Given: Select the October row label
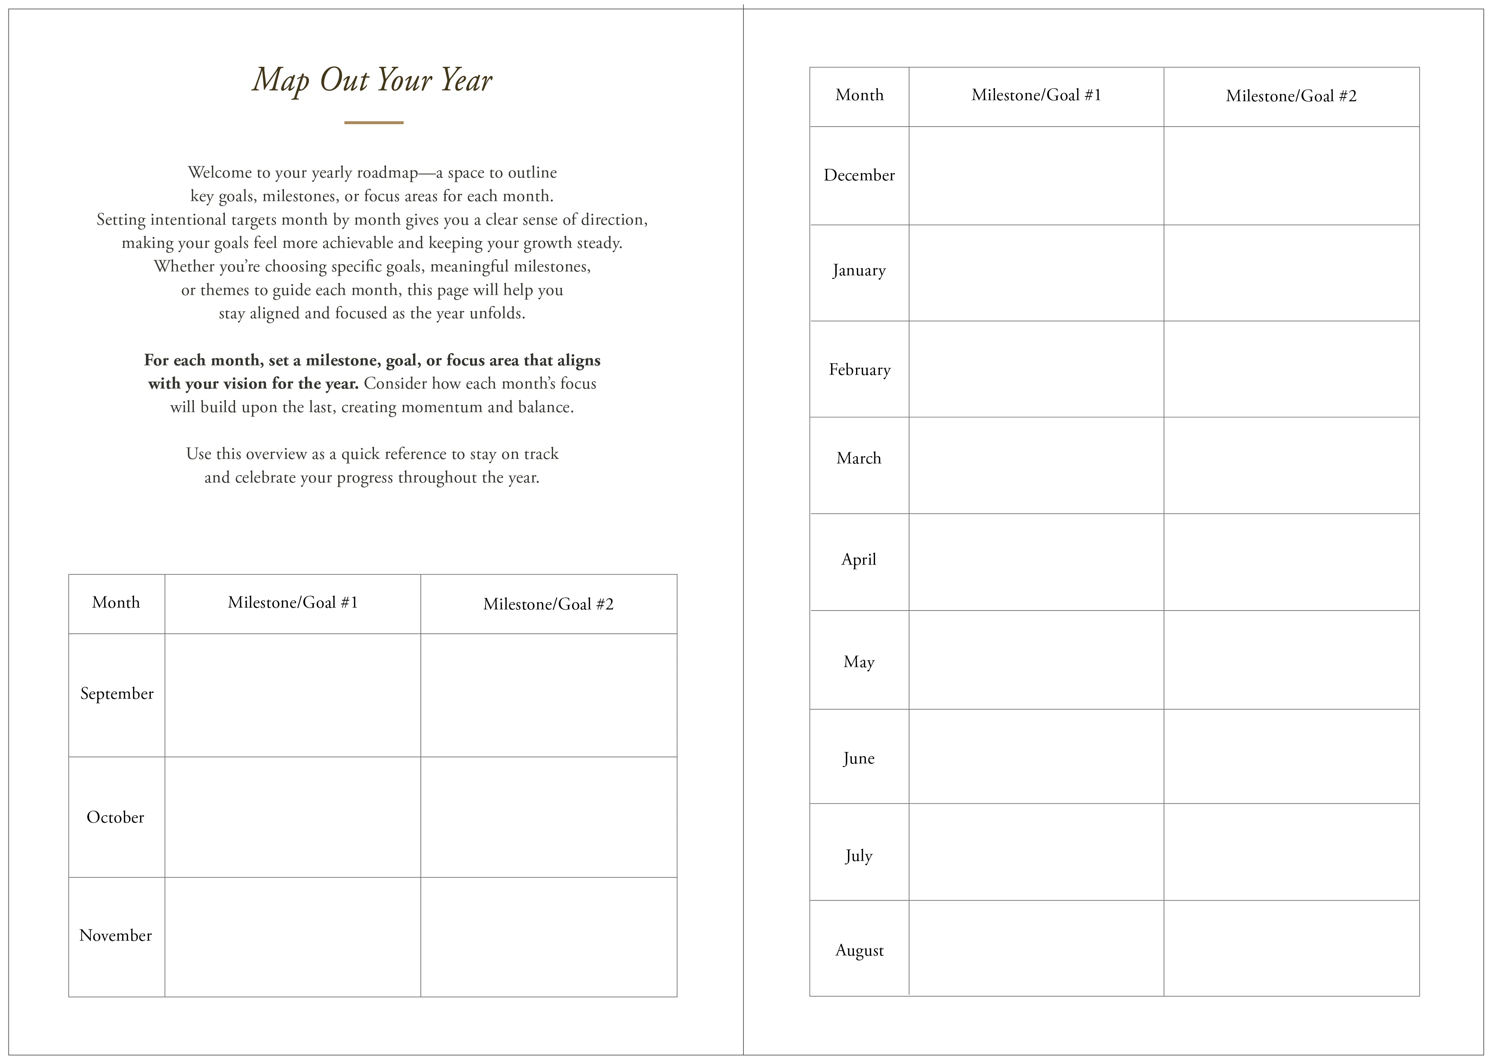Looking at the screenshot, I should point(115,818).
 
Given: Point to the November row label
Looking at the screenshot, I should point(115,936).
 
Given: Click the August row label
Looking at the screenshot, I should point(859,950).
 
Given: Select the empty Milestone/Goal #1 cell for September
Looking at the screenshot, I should point(292,695).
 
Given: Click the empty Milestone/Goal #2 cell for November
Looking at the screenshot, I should point(549,937).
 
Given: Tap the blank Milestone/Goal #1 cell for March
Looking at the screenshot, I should point(1036,465).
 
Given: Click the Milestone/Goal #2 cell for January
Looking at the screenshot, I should point(1291,273).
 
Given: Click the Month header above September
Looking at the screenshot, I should point(116,602).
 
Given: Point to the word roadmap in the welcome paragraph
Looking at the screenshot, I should point(386,173).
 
